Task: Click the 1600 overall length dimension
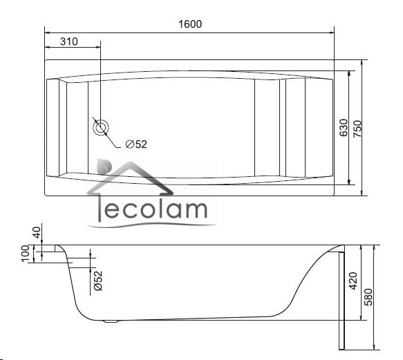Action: [190, 24]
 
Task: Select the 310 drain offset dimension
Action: [68, 41]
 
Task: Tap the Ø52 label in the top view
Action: [136, 144]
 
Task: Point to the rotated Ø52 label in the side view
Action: [97, 280]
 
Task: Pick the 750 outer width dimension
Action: [357, 129]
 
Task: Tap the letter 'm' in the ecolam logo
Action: [194, 211]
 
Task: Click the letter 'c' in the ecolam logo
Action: [120, 211]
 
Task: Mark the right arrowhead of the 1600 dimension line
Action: [332, 31]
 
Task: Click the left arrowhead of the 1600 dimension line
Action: [48, 31]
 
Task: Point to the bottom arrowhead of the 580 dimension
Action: [373, 345]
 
